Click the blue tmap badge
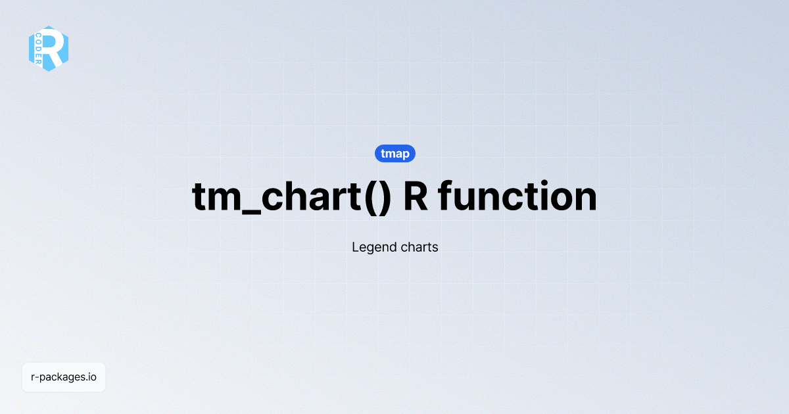[395, 154]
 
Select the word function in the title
[517, 196]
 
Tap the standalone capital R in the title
[416, 196]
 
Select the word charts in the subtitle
[419, 248]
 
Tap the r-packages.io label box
[64, 377]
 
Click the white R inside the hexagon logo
[55, 47]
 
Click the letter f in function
[446, 196]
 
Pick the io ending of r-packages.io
[92, 377]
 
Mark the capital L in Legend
[356, 248]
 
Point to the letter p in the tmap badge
[406, 155]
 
